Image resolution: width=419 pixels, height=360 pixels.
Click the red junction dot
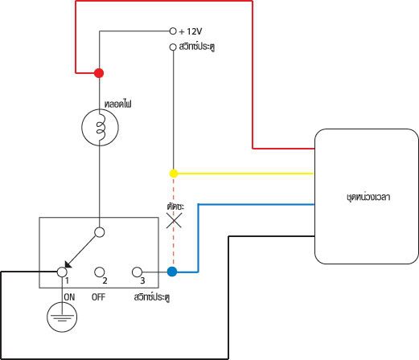tap(99, 73)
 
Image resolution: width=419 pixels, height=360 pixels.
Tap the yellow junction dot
tap(174, 174)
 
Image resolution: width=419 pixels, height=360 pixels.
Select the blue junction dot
tap(172, 272)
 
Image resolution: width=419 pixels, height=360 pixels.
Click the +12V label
tap(191, 31)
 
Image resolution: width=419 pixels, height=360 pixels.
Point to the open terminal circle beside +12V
tap(173, 31)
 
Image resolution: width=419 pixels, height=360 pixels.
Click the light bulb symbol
tap(100, 127)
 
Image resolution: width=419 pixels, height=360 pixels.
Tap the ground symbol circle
tap(62, 317)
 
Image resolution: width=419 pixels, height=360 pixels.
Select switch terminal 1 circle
tap(62, 272)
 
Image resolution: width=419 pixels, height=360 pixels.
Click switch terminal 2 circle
tap(100, 272)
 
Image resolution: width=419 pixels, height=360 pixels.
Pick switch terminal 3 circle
tap(137, 272)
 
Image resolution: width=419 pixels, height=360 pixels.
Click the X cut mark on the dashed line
tap(174, 220)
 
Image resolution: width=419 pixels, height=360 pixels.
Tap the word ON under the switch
tap(69, 297)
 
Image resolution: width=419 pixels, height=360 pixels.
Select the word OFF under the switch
tap(98, 297)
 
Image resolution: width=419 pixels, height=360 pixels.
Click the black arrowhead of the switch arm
tap(68, 264)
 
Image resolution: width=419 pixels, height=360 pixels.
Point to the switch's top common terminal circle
tap(100, 232)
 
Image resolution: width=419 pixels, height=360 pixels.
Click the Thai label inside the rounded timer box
tap(368, 197)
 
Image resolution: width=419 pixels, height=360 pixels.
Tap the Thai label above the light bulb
tap(118, 104)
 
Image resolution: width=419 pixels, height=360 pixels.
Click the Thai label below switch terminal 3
tap(152, 297)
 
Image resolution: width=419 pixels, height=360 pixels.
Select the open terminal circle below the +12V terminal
tap(173, 47)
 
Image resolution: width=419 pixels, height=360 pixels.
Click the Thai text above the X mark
tap(175, 207)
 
